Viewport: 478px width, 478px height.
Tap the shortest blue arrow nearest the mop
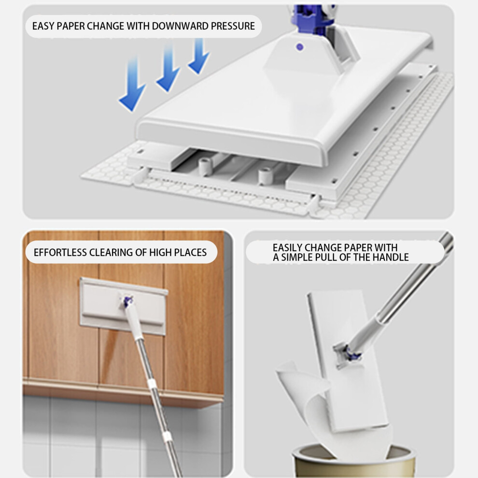pyautogui.click(x=199, y=56)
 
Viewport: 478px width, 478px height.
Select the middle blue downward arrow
pyautogui.click(x=168, y=67)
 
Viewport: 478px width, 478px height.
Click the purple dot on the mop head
pyautogui.click(x=300, y=47)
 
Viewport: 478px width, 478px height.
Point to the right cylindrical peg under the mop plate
pyautogui.click(x=266, y=176)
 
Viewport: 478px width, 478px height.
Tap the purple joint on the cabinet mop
pyautogui.click(x=128, y=301)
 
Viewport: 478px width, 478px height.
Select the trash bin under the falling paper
pyautogui.click(x=353, y=460)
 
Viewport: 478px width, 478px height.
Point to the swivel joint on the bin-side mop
pyautogui.click(x=347, y=354)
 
